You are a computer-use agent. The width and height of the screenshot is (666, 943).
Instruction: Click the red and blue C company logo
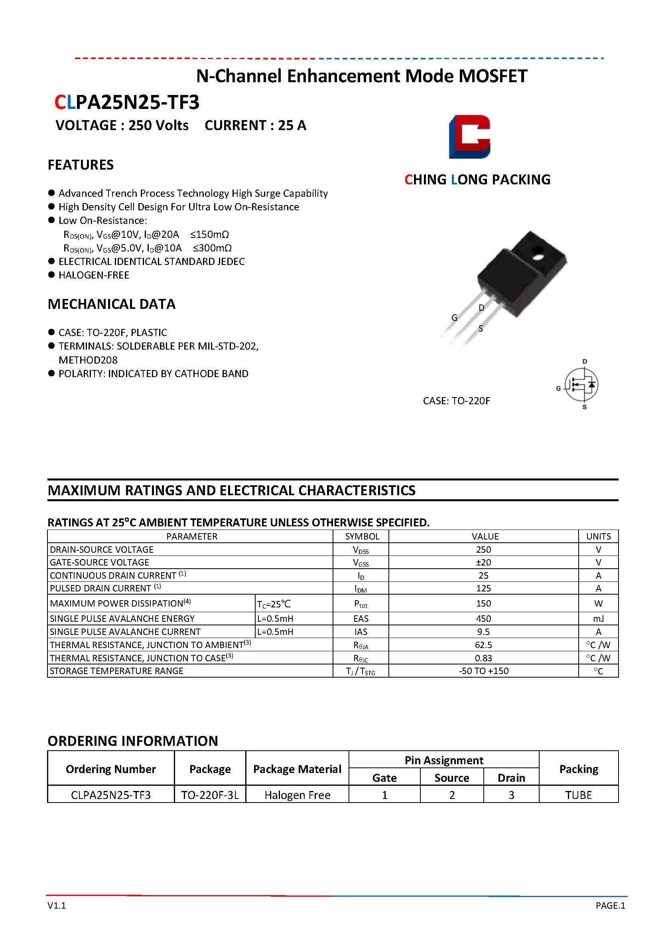469,137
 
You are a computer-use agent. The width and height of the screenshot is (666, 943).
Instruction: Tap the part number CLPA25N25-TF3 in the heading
127,102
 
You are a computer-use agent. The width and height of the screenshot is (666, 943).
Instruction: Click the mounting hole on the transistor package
538,257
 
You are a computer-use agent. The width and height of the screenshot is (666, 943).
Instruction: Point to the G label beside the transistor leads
454,318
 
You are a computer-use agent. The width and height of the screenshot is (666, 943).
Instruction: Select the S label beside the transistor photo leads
481,328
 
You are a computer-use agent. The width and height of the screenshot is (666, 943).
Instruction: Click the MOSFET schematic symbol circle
581,384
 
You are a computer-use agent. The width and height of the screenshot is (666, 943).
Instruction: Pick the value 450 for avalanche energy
483,619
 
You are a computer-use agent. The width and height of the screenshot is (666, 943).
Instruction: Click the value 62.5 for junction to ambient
483,645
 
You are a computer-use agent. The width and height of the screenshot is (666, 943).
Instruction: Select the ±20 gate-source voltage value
483,562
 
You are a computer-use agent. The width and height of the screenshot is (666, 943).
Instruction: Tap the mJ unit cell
598,619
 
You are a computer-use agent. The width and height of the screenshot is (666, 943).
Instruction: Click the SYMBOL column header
362,536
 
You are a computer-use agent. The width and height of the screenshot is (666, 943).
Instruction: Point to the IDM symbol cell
361,589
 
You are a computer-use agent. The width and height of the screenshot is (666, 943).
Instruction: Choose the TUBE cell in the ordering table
578,795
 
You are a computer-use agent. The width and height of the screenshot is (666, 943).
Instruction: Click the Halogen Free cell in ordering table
297,795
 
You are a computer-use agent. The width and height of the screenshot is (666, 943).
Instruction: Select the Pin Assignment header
443,760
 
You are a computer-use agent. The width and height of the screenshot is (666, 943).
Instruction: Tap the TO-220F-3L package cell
210,795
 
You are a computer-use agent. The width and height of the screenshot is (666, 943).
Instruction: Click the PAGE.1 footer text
610,905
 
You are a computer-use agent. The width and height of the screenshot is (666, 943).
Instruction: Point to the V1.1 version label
57,905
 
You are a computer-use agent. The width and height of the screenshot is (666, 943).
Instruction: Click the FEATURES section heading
81,165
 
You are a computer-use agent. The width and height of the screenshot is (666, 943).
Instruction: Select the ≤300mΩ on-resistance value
212,248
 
